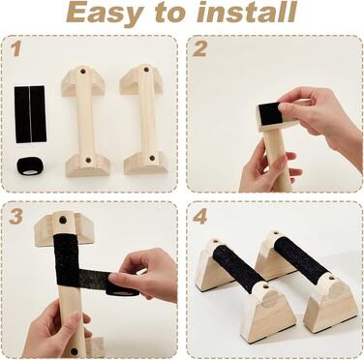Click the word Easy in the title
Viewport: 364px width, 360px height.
(106, 13)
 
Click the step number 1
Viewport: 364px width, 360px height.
(16, 48)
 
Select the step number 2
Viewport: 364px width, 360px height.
(199, 49)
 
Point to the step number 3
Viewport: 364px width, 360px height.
(15, 216)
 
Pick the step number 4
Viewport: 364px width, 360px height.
(199, 216)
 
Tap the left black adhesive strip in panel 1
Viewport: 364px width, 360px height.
(22, 114)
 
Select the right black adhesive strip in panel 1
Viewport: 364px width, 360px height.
(38, 114)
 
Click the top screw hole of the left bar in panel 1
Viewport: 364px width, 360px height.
(82, 71)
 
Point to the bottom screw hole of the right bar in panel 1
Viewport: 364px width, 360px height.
(152, 158)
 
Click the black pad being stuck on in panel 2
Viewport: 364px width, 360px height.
(270, 114)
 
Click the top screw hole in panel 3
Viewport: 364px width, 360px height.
(63, 221)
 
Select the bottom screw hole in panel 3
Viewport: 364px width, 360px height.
(75, 351)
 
